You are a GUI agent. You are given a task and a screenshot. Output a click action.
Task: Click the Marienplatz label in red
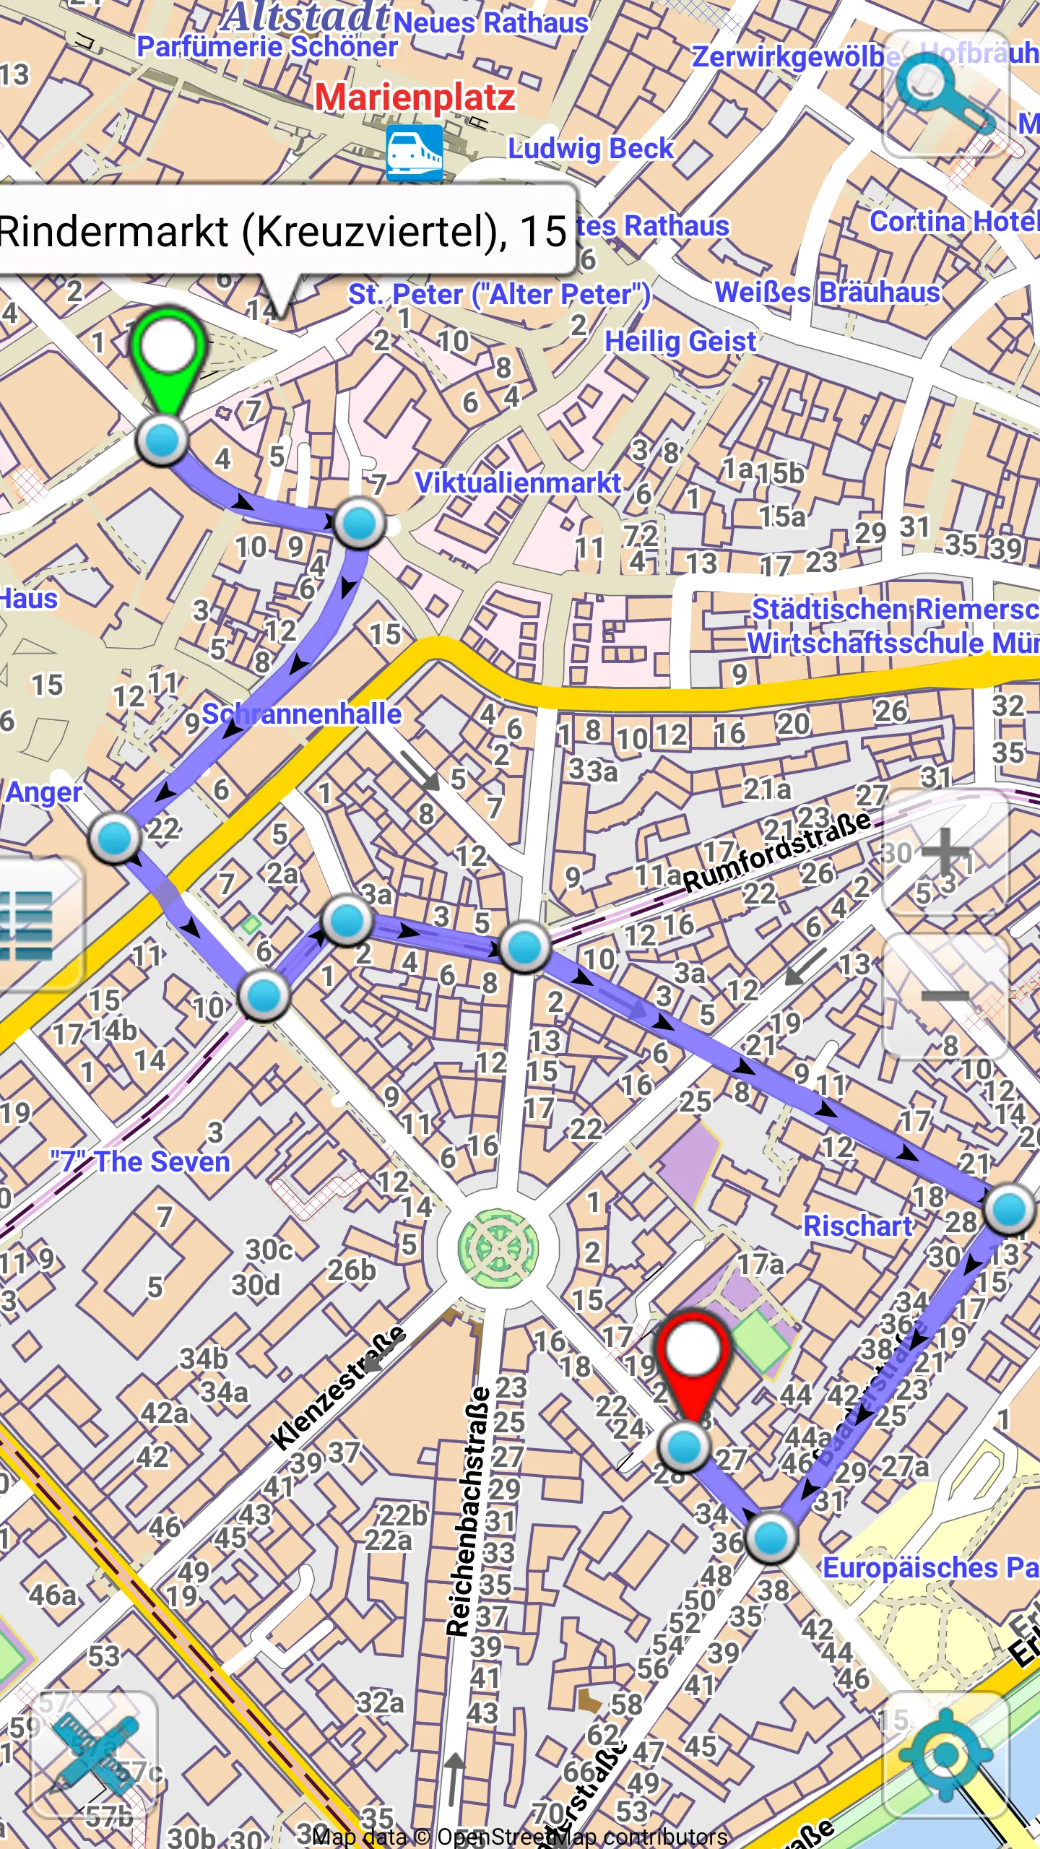tap(415, 98)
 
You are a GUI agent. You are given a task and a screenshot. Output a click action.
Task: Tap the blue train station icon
tap(414, 152)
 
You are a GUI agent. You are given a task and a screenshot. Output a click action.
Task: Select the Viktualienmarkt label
tap(518, 482)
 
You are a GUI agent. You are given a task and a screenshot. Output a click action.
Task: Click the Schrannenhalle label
tap(301, 714)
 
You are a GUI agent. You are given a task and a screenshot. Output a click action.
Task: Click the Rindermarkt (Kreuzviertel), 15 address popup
tap(285, 231)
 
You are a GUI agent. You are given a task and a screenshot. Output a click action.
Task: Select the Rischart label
tap(858, 1226)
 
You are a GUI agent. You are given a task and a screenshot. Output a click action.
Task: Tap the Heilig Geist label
tap(680, 341)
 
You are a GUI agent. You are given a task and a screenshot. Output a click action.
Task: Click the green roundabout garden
tap(498, 1248)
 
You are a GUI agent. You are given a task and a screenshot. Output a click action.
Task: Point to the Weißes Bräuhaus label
tap(827, 293)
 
